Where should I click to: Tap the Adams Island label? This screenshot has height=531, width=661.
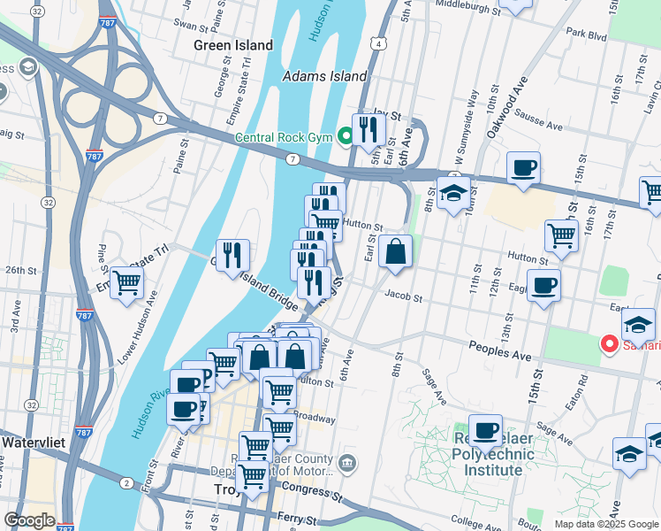324,77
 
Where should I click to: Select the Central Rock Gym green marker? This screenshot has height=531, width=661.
346,136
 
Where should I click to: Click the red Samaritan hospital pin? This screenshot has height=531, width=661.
610,343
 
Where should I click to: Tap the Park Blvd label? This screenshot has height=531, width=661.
587,36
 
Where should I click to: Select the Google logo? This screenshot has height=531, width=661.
29,520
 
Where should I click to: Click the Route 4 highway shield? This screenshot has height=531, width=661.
377,42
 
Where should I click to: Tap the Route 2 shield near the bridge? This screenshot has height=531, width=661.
126,482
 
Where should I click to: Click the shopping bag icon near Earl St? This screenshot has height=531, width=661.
396,251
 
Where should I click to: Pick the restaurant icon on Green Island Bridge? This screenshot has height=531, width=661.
232,255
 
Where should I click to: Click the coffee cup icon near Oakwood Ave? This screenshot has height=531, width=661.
523,167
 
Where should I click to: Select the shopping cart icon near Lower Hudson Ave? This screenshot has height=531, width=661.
127,283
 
